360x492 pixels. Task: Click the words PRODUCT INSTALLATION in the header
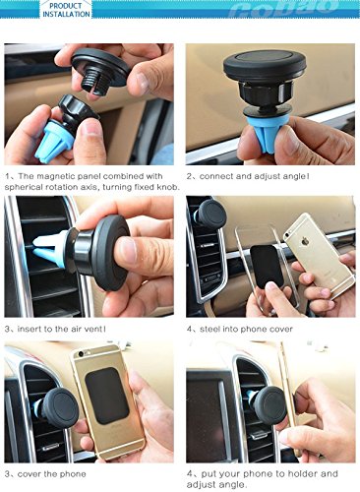[66, 10]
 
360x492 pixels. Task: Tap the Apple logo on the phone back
[305, 242]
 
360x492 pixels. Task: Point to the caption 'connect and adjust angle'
[254, 176]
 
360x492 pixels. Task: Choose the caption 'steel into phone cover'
[246, 329]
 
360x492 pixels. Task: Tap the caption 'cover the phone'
[52, 474]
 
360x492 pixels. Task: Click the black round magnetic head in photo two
[265, 66]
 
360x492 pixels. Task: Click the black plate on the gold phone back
[107, 396]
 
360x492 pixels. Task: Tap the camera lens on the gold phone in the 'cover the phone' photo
[81, 354]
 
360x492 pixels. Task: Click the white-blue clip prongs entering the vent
[49, 249]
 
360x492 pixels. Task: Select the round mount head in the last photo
[271, 405]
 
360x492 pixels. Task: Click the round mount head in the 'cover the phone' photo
[61, 407]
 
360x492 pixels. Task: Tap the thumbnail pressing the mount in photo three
[128, 251]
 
